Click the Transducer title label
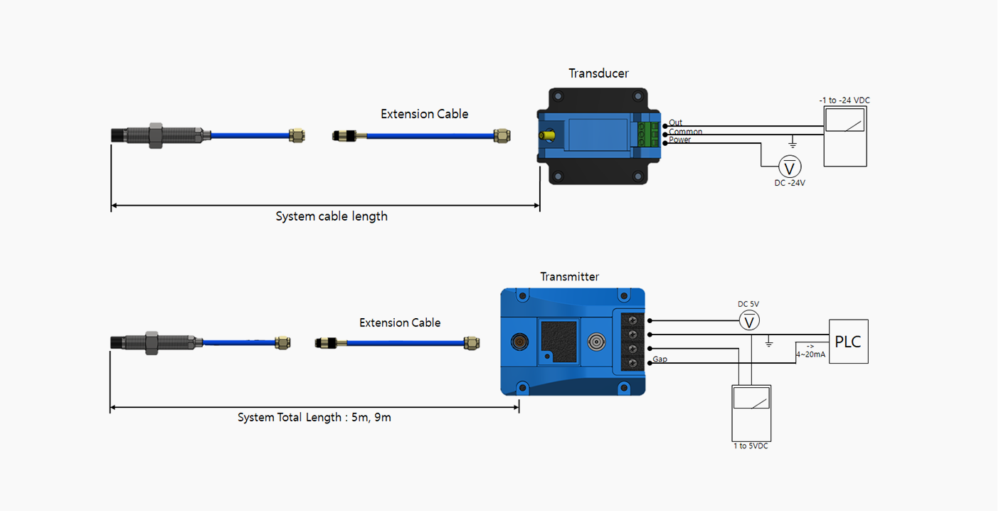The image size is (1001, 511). click(598, 73)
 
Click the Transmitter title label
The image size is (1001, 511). click(569, 277)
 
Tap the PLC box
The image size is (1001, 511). click(849, 342)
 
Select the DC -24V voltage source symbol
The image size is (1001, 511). click(790, 167)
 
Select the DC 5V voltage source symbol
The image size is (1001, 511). click(749, 321)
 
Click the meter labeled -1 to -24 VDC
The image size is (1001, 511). click(845, 137)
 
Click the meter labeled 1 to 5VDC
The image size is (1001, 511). click(751, 413)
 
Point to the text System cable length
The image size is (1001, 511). click(332, 216)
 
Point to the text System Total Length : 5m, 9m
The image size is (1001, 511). click(314, 418)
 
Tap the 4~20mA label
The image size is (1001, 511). click(810, 354)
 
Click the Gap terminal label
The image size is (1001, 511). click(660, 359)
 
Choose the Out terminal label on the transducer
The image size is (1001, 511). click(675, 122)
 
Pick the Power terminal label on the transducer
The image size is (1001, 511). click(679, 140)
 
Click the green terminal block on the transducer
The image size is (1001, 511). click(648, 134)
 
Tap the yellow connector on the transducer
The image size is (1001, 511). click(547, 135)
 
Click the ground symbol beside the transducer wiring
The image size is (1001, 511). click(793, 142)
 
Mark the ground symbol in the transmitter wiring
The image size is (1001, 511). click(768, 342)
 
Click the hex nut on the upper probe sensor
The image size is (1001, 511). click(156, 135)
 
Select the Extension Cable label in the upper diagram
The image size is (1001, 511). click(425, 114)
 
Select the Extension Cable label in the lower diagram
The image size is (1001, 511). click(400, 323)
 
